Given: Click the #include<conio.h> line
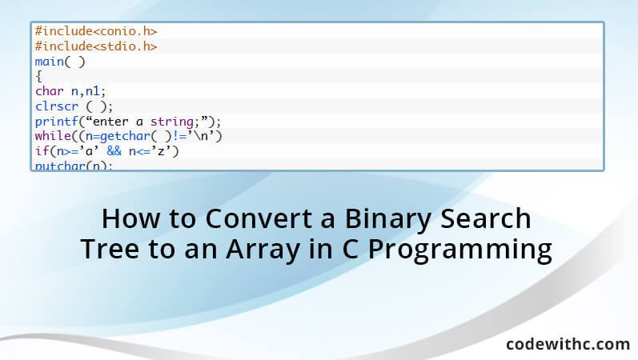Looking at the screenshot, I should click(95, 31).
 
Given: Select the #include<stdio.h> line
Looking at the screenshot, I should click(95, 46).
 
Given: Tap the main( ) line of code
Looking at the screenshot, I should click(59, 62).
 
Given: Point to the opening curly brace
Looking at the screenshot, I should click(38, 76).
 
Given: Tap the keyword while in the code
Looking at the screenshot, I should click(52, 136).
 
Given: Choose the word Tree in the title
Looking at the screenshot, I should click(110, 249).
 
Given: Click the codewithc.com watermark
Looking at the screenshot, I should click(568, 343).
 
